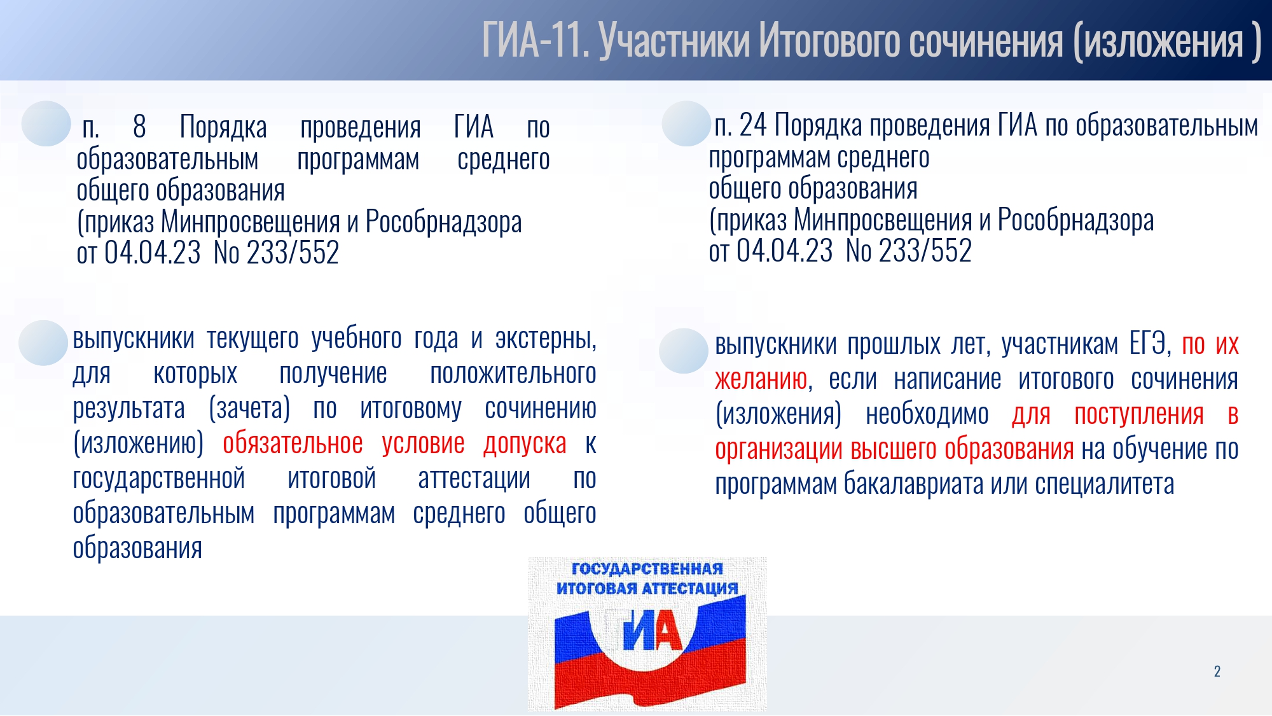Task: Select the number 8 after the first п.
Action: coord(140,127)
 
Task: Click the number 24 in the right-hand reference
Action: coord(753,125)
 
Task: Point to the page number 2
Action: coord(1217,671)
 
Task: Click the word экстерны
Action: coord(546,339)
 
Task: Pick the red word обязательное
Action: coord(293,443)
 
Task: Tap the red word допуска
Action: coord(525,444)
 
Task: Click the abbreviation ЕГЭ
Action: coord(1150,344)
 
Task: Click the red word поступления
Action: coord(1139,415)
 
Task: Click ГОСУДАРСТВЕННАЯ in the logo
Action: coord(647,568)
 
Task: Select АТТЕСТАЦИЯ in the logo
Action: coord(690,588)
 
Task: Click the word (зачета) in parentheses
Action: coord(249,409)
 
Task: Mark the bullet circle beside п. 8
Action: coord(46,123)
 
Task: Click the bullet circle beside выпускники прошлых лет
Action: coord(684,351)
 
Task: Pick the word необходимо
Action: coord(927,414)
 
